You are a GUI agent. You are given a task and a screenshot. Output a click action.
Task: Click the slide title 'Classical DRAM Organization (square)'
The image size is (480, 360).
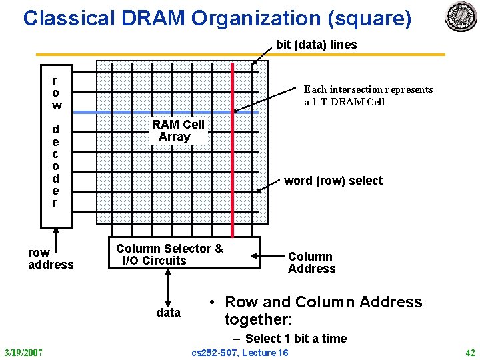point(217,18)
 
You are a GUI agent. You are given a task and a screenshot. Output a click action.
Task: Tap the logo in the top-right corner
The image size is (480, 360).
point(461,17)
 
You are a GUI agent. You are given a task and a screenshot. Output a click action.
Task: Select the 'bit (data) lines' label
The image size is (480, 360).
point(316,45)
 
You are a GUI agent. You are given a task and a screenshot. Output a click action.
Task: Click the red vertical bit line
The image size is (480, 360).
point(232,153)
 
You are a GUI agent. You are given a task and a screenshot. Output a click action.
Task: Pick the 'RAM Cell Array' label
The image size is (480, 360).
point(177,131)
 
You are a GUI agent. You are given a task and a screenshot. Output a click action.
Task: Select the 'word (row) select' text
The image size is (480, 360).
point(333,181)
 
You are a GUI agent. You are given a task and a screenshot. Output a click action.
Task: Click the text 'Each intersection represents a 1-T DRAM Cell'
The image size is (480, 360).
point(368,95)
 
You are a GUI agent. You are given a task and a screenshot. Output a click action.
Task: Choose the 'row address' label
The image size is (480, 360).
point(51,259)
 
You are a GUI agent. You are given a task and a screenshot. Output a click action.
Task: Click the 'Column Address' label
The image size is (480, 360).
point(311,263)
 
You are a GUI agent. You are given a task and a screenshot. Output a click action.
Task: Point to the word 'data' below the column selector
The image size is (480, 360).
point(168,312)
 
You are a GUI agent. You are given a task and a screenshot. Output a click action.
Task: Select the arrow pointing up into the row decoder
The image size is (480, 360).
point(56,237)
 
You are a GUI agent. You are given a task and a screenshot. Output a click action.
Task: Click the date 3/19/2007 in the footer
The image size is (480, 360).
point(23,351)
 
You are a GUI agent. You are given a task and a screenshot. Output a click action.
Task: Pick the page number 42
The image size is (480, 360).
point(469,351)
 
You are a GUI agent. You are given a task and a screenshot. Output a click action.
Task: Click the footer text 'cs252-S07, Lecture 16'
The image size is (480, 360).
point(240,352)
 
